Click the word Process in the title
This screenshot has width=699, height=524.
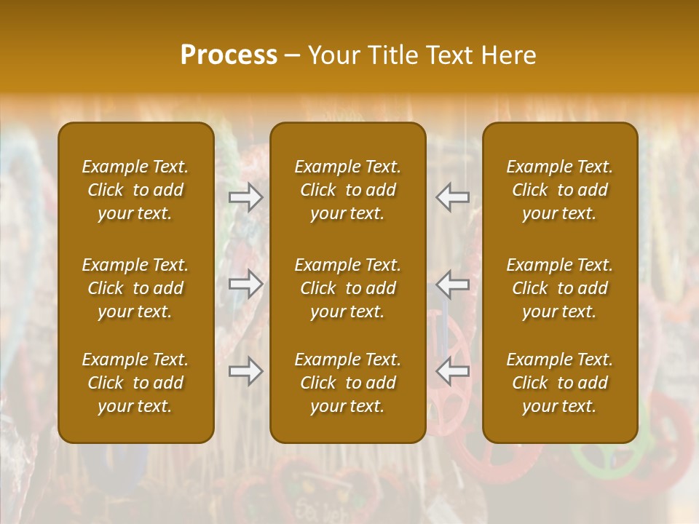[229, 55]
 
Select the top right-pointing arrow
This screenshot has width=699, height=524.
[245, 197]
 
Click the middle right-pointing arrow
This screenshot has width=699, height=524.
[245, 284]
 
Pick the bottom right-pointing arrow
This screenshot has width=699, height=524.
[245, 371]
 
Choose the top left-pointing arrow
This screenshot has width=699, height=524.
[453, 197]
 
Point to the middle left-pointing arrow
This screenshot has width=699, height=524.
[453, 284]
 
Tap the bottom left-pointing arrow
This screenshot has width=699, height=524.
[453, 371]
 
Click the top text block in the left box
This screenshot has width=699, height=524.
[135, 190]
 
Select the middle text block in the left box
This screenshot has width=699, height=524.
[135, 288]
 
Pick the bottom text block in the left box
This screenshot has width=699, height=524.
[135, 383]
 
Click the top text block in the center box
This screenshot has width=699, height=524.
[348, 190]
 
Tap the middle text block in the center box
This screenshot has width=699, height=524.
[348, 288]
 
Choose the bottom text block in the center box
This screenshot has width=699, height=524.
[348, 383]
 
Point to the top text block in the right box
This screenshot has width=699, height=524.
[560, 190]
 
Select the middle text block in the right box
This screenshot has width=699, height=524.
[560, 288]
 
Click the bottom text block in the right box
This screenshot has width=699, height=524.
[560, 383]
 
